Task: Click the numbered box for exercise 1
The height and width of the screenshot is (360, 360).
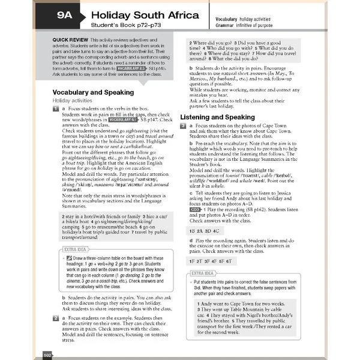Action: coord(55,109)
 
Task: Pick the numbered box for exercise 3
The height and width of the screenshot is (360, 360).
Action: coord(183,126)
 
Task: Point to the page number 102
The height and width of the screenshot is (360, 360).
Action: coord(48,355)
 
